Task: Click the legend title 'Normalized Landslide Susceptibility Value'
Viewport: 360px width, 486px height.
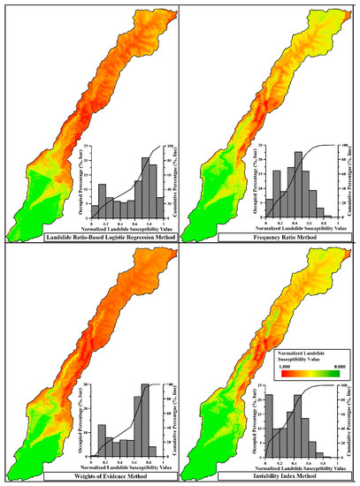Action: point(304,351)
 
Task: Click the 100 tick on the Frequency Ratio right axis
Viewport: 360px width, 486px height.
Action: point(342,146)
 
